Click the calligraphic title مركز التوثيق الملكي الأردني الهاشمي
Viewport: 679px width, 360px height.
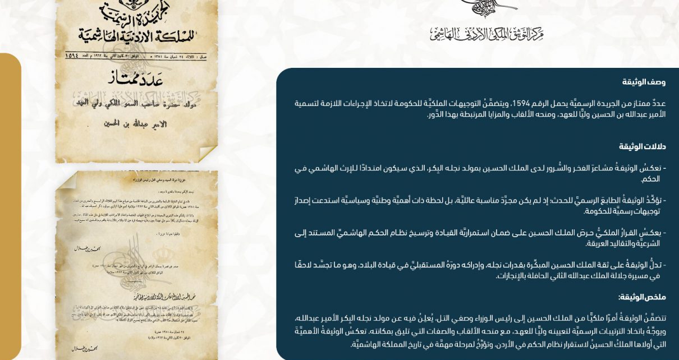[x=487, y=34]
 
